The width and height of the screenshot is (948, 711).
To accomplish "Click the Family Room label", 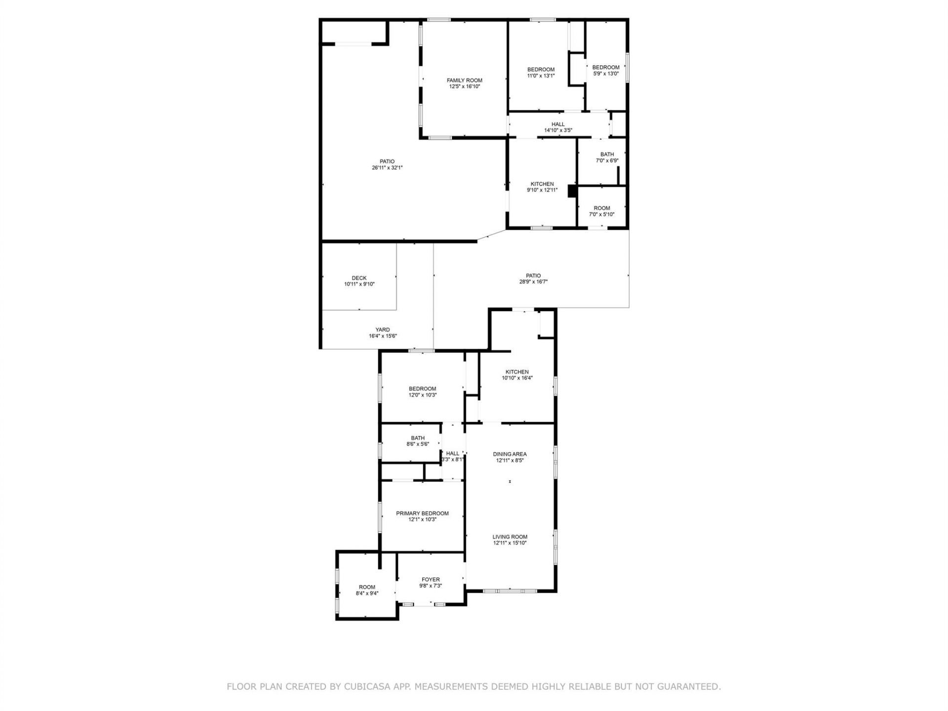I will point(464,80).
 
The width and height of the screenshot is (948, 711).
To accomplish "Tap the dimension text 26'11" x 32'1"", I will point(387,168).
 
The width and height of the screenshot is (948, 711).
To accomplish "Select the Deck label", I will point(359,278).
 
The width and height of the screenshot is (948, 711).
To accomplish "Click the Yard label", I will point(382,330).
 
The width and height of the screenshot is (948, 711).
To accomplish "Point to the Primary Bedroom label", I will point(422,513).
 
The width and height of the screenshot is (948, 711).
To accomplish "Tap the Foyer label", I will point(431,580).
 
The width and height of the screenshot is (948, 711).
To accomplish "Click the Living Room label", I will point(510,537).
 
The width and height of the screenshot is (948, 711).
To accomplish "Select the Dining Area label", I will point(510,454).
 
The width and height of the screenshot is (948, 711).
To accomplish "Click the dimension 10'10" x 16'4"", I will point(517,378).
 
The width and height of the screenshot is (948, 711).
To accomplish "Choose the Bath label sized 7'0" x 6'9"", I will point(607,155).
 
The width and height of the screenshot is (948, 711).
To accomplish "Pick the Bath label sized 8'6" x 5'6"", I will point(418,438).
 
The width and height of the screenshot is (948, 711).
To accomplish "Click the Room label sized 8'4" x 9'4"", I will point(367,587).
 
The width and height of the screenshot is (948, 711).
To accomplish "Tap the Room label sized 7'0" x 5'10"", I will point(601,208).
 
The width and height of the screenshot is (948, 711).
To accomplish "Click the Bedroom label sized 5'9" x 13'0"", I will point(605,68).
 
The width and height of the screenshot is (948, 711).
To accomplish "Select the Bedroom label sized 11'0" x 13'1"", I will point(541,70).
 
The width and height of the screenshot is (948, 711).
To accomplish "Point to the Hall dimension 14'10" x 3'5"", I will point(558,130).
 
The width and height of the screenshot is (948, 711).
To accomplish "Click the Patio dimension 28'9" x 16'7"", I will point(533,282).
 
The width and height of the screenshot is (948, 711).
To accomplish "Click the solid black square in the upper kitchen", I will point(572,191).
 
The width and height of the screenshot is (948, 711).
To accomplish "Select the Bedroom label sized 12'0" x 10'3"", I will point(422,389).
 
